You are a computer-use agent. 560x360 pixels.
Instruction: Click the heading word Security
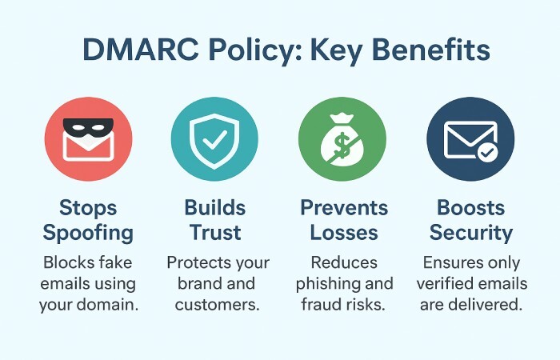point(470,233)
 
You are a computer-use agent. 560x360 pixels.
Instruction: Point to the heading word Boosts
point(470,209)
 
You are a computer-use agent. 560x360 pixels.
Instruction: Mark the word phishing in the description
point(324,285)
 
